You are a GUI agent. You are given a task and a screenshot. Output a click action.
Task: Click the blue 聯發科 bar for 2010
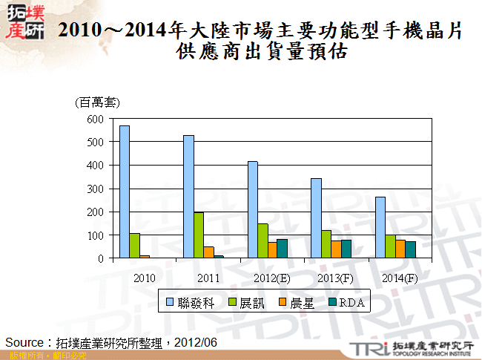(x=125, y=192)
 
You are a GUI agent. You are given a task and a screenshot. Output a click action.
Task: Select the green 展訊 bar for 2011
(x=199, y=235)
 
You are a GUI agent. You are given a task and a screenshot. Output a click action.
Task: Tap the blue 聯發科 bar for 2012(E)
(x=253, y=209)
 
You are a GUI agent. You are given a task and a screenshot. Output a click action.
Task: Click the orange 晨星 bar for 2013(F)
(x=336, y=249)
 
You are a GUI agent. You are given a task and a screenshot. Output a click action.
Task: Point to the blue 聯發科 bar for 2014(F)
(x=380, y=227)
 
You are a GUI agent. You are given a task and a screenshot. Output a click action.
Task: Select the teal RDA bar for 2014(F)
(x=410, y=249)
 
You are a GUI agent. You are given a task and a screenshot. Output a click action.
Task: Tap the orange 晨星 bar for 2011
(x=208, y=252)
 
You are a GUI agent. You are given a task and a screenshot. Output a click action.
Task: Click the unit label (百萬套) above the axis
(x=97, y=102)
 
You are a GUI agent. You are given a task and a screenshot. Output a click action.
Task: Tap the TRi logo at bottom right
(x=366, y=348)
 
